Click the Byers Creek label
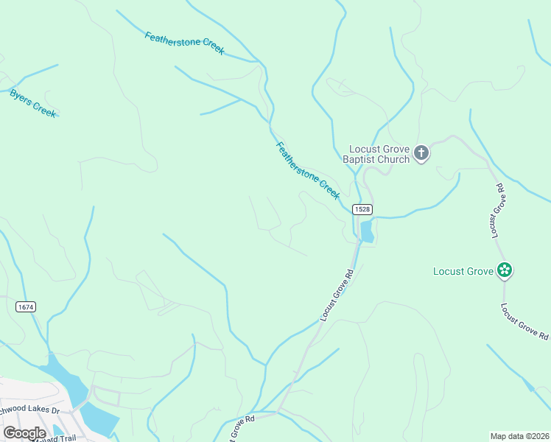(33, 104)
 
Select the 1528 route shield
(362, 209)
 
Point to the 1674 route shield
(25, 306)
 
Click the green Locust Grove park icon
(505, 271)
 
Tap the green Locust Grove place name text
(463, 272)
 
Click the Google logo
(24, 433)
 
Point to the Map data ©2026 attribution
(520, 436)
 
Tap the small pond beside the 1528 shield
(366, 232)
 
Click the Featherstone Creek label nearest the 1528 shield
(308, 170)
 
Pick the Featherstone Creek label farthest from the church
(184, 43)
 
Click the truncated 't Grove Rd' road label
(238, 425)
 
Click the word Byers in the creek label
(22, 99)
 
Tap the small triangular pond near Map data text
(528, 385)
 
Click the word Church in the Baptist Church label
(394, 159)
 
